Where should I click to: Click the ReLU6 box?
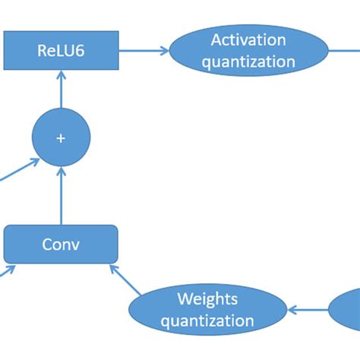pyautogui.click(x=61, y=50)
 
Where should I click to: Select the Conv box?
pyautogui.click(x=61, y=245)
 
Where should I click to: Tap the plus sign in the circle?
pyautogui.click(x=61, y=138)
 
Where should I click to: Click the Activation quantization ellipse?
pyautogui.click(x=248, y=50)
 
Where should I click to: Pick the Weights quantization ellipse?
pyautogui.click(x=207, y=310)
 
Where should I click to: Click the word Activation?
pyautogui.click(x=248, y=40)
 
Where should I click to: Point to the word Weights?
pyautogui.click(x=207, y=299)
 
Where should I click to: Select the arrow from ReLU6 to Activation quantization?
pyautogui.click(x=144, y=51)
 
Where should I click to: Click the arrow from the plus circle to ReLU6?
pyautogui.click(x=61, y=89)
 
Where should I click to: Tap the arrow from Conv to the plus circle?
pyautogui.click(x=61, y=196)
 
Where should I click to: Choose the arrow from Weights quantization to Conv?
pyautogui.click(x=125, y=280)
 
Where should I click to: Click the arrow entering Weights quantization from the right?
pyautogui.click(x=308, y=310)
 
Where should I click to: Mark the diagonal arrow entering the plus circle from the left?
pyautogui.click(x=20, y=169)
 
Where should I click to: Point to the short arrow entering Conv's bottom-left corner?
pyautogui.click(x=8, y=270)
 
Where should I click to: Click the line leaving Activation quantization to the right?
pyautogui.click(x=344, y=51)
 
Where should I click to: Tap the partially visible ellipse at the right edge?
pyautogui.click(x=345, y=310)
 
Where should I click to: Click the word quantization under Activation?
pyautogui.click(x=248, y=62)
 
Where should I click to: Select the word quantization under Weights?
pyautogui.click(x=207, y=321)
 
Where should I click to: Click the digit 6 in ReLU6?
pyautogui.click(x=80, y=50)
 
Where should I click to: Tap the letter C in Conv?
pyautogui.click(x=47, y=245)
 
